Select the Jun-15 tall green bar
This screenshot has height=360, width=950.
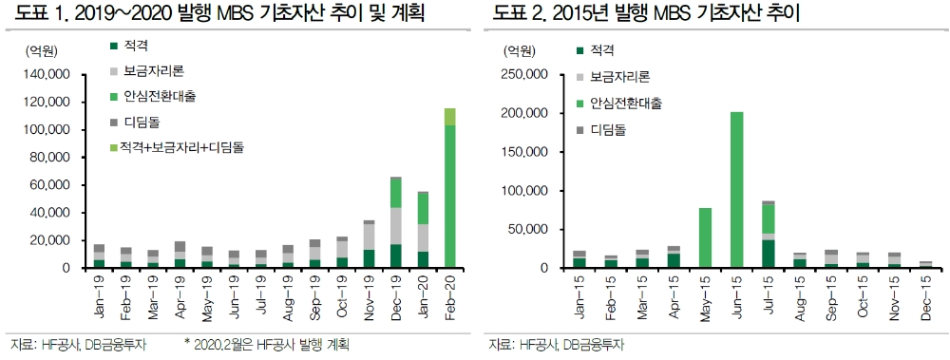(x=736, y=190)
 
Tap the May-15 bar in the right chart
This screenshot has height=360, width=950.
(x=706, y=237)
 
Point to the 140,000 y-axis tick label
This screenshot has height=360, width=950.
(x=46, y=74)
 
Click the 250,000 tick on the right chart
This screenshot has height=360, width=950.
(x=523, y=74)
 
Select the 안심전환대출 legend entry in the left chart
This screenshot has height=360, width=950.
(x=159, y=96)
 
